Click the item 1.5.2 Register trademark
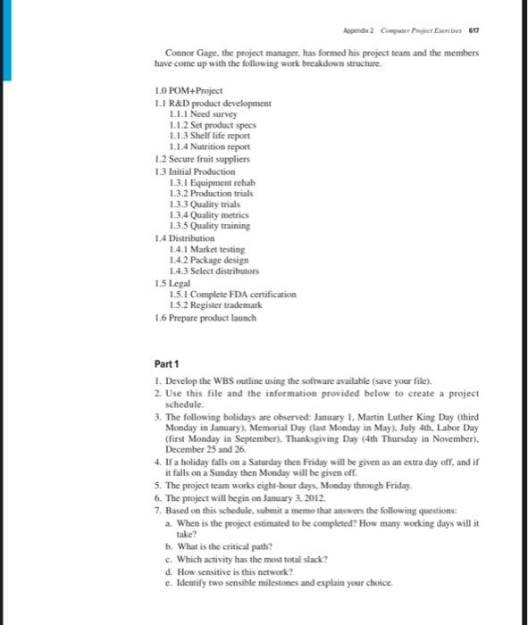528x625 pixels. coord(214,304)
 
